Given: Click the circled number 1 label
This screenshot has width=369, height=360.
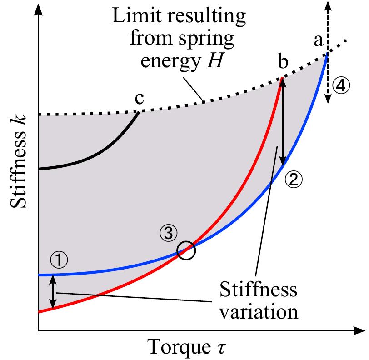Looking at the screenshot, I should click(x=59, y=260).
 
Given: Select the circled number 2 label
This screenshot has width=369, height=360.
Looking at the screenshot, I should click(x=294, y=180).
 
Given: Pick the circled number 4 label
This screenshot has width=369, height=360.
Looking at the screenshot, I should click(x=341, y=85).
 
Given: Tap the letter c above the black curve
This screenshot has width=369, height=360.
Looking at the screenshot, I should click(x=139, y=99).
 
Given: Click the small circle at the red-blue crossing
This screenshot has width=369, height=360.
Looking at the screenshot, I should click(x=186, y=250).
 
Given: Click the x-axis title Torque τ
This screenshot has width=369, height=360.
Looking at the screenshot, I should click(x=186, y=348).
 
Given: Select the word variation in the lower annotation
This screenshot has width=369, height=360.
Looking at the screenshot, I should click(x=258, y=312).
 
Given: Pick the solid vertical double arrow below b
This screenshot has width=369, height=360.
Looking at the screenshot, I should click(x=283, y=120).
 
